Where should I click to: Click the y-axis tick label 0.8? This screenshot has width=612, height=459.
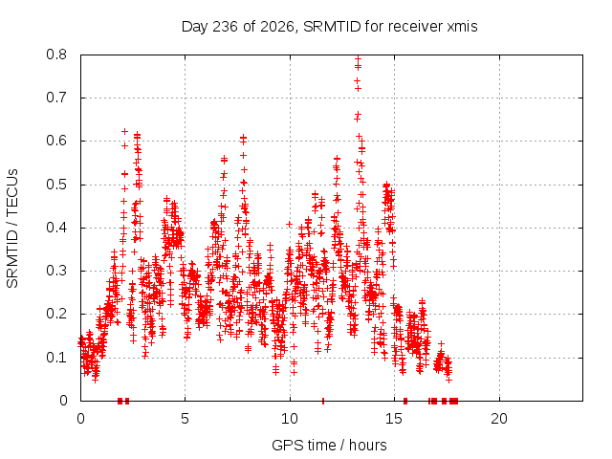coord(56,55)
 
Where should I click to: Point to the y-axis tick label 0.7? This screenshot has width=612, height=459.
coord(56,98)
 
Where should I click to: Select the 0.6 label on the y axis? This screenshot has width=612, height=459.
coord(56,141)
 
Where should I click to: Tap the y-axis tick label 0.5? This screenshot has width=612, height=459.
coord(56,185)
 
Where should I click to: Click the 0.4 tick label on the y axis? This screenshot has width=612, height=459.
coord(56,228)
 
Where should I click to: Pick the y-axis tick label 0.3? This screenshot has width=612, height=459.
coord(56,271)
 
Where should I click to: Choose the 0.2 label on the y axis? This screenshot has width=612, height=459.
coord(56,314)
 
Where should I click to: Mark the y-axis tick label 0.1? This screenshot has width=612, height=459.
coord(56,357)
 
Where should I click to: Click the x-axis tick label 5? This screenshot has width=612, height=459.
coord(185,419)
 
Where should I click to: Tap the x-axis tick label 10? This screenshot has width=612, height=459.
coord(290,419)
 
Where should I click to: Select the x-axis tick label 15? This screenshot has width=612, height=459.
coord(394,419)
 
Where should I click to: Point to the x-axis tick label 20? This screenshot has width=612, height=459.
coord(499,419)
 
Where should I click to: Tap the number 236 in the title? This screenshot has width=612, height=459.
coord(225,27)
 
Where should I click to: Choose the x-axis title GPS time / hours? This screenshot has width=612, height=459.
coord(329,445)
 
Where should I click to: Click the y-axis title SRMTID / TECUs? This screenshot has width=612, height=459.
coord(12,229)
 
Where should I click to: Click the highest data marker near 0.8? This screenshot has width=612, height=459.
coord(358,59)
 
